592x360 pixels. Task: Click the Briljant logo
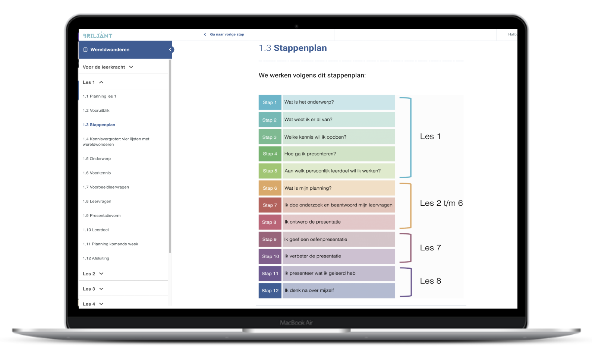tap(98, 35)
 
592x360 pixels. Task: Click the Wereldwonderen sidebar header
tap(110, 50)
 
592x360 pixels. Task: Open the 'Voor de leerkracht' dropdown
tap(108, 67)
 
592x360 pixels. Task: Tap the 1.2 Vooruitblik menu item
tap(96, 111)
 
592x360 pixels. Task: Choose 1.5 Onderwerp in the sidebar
tap(97, 159)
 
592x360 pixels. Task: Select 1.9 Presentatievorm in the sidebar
tap(101, 216)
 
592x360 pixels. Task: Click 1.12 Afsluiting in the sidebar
tap(96, 258)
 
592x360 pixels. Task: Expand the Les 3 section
tap(93, 289)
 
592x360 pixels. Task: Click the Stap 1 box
tap(270, 102)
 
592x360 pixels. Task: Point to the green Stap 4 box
tap(270, 154)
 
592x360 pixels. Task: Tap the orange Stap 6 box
tap(270, 188)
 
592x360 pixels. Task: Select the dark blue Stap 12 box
tap(270, 291)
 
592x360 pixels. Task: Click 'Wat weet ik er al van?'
tap(308, 120)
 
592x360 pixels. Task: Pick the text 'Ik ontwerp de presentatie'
tap(312, 222)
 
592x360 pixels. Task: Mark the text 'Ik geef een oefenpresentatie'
tap(315, 240)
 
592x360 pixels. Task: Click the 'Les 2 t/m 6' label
tap(441, 203)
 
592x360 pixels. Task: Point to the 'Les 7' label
tap(430, 248)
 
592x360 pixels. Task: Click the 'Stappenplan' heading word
tap(300, 48)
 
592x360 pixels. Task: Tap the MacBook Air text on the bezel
tap(296, 323)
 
